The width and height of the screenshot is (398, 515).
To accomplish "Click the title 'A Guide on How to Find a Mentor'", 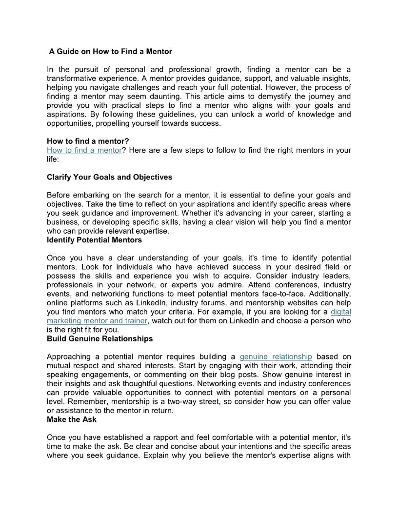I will tap(110, 51).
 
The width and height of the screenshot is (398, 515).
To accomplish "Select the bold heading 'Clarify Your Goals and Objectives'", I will tap(109, 177).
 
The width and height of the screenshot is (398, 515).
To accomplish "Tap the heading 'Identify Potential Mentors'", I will tap(94, 240).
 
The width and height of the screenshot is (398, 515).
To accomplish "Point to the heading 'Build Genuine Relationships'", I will tap(99, 338).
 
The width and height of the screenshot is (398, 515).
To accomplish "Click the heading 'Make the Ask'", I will tap(72, 419).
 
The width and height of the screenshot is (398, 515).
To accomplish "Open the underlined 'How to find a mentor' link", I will tap(84, 150).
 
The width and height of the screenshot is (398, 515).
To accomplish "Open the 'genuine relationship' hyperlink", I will tap(276, 357).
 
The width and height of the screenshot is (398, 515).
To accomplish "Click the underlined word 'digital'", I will tap(340, 311).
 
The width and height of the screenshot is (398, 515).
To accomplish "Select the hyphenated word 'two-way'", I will tap(209, 401).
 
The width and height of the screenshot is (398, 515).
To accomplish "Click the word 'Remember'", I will tap(88, 401).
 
